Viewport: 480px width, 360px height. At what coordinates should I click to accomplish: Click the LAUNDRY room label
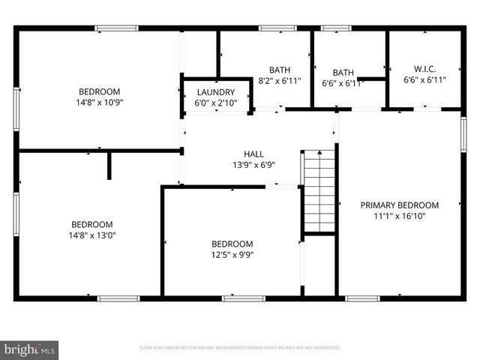[216, 91]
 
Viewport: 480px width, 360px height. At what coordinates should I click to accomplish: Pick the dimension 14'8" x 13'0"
[91, 235]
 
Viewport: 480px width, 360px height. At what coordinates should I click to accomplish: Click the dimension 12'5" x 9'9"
[232, 254]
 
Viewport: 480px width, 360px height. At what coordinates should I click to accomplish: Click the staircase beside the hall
[319, 191]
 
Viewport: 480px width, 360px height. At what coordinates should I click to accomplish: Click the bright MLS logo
[29, 349]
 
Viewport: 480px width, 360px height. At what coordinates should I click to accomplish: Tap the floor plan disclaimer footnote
[240, 348]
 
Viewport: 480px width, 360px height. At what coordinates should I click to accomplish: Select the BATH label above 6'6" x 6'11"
[343, 73]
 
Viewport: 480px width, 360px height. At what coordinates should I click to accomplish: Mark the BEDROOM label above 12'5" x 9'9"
[232, 244]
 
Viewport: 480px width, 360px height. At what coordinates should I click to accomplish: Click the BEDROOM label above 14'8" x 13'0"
[91, 224]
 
